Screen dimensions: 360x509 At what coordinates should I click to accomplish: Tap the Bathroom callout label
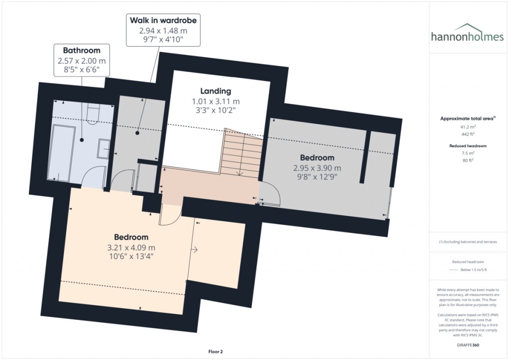point(82,50)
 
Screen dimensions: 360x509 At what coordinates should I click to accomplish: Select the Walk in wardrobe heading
point(163,20)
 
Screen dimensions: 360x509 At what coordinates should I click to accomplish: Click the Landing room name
point(215,91)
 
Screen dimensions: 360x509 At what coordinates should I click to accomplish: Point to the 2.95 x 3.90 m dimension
point(317,168)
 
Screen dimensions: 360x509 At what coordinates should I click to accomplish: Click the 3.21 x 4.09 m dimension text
point(131,247)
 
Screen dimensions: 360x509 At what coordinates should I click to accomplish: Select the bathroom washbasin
point(104,148)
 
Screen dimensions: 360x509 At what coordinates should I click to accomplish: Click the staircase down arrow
point(239,172)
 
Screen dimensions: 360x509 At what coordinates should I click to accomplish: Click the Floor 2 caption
point(218,352)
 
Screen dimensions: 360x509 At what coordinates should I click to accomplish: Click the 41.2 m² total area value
point(466,127)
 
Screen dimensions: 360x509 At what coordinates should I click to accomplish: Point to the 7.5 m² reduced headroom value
point(466,154)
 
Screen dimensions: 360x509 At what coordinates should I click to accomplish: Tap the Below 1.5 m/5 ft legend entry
point(472,270)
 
